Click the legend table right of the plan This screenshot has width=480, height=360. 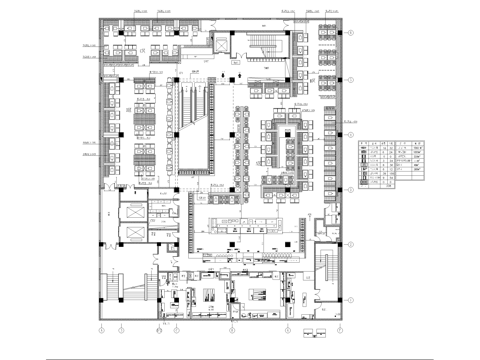point(390,163)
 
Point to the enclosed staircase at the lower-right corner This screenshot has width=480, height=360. point(327,270)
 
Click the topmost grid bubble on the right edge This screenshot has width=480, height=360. point(352,32)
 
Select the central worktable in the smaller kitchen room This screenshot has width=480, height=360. point(208,294)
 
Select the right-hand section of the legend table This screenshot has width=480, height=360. point(407,163)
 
